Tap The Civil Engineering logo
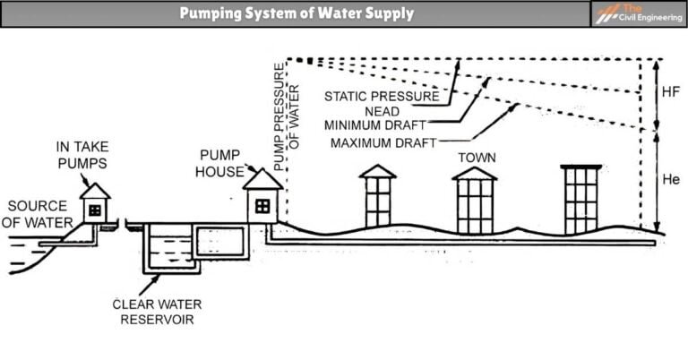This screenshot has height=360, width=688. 637,13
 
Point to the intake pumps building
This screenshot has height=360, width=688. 94,205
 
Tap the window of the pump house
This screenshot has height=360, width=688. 262,206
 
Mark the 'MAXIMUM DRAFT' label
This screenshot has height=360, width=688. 383,142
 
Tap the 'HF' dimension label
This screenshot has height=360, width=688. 671,93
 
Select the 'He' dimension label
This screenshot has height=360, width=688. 671,179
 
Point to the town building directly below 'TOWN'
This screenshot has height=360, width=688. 474,201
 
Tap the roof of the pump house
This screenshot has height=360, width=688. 262,180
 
